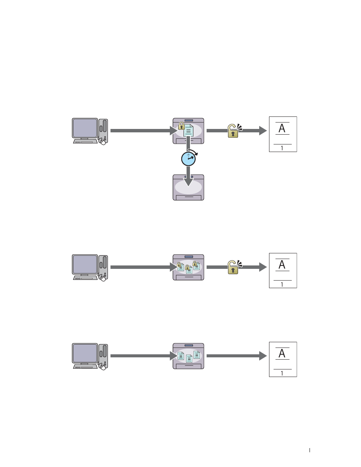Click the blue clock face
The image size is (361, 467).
click(188, 159)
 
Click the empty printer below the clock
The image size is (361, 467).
click(188, 188)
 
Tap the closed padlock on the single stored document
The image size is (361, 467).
click(182, 126)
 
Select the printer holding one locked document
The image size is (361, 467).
click(188, 131)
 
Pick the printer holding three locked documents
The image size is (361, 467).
click(188, 267)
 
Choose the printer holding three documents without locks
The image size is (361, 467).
click(188, 356)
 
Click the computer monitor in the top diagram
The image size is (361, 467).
click(85, 128)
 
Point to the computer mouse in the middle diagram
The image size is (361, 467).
click(103, 279)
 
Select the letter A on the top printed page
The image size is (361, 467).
click(282, 128)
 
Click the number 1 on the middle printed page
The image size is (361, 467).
click(282, 284)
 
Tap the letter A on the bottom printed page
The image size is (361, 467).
click(282, 354)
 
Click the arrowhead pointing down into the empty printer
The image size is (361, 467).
click(188, 182)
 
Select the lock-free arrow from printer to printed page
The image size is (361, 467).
click(237, 356)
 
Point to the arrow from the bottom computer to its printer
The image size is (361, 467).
click(144, 356)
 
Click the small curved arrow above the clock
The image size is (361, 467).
click(193, 152)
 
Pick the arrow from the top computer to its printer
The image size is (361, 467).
click(144, 131)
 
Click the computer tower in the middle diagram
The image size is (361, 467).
click(103, 267)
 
